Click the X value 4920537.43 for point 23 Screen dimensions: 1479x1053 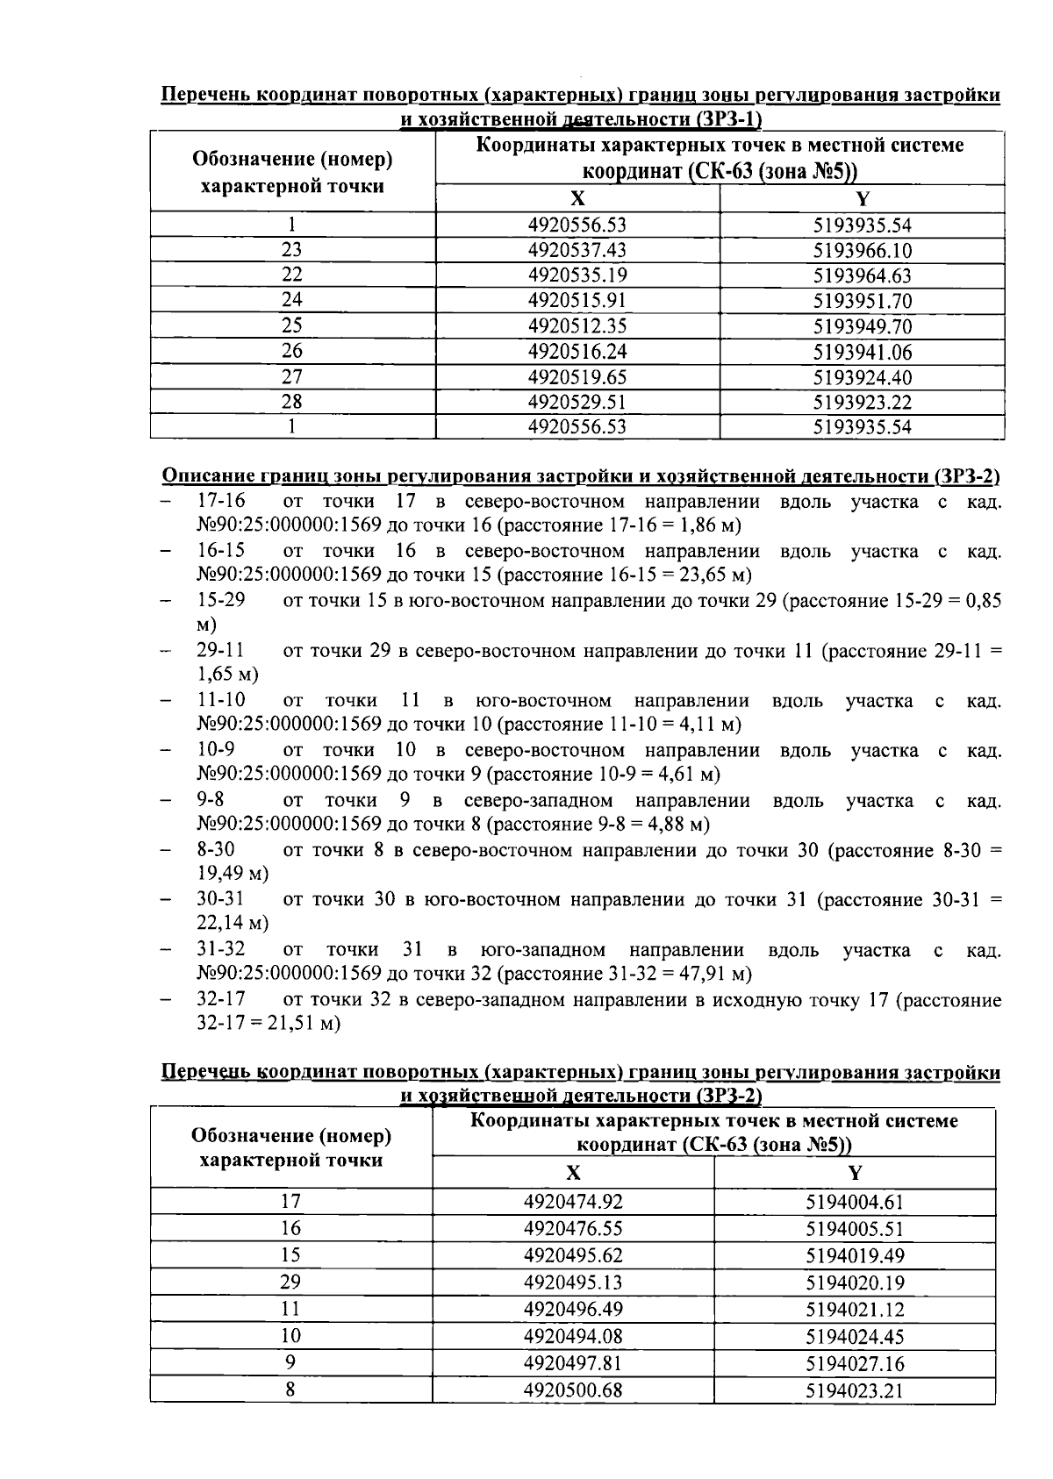(x=577, y=250)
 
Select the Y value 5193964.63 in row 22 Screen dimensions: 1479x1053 (x=862, y=275)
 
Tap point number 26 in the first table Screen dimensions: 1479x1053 (x=291, y=351)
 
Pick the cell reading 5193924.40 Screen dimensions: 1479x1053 (x=862, y=377)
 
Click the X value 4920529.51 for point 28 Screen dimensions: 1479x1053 (x=577, y=402)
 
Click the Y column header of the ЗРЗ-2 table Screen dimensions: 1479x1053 (x=855, y=1173)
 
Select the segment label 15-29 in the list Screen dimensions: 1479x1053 (x=220, y=601)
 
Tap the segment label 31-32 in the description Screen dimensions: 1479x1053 (x=220, y=950)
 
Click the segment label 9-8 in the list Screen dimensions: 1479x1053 (x=210, y=800)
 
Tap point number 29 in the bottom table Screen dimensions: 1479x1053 (x=290, y=1282)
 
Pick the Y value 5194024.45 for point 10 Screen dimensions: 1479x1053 (x=855, y=1336)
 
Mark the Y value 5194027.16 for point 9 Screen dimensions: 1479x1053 (x=855, y=1363)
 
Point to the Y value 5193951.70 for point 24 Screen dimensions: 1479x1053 (x=862, y=301)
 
